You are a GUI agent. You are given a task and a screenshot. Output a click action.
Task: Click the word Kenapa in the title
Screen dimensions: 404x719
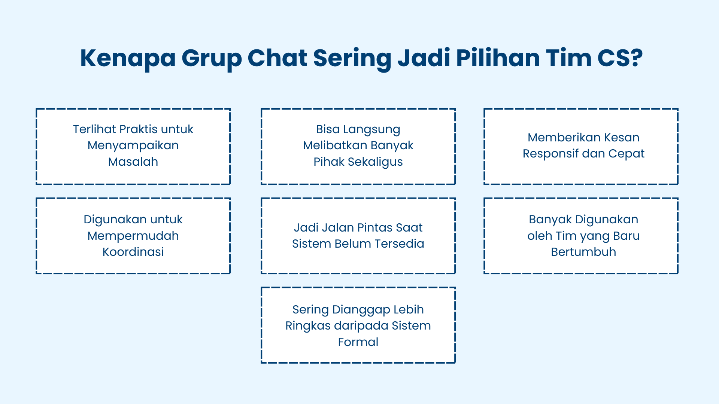point(128,58)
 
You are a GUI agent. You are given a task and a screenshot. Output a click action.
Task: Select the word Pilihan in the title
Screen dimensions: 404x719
point(497,58)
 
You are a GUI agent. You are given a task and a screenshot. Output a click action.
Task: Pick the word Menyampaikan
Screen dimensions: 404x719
point(133,145)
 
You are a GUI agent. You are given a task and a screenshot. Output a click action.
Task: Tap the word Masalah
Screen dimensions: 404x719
point(133,162)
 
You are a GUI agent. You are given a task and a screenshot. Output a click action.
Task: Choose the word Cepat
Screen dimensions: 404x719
point(626,153)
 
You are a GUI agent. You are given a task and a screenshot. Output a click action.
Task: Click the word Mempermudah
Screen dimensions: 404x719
point(133,236)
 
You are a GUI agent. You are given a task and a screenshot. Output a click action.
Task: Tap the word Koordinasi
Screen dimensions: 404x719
point(133,252)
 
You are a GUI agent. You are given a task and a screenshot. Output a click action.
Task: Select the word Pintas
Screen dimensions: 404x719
point(375,227)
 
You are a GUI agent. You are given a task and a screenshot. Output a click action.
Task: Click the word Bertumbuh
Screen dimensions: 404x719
point(583,252)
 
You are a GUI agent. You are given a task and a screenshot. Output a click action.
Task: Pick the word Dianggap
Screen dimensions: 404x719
point(361,309)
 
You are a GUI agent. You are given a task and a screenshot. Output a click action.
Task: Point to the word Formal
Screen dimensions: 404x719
point(358,342)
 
